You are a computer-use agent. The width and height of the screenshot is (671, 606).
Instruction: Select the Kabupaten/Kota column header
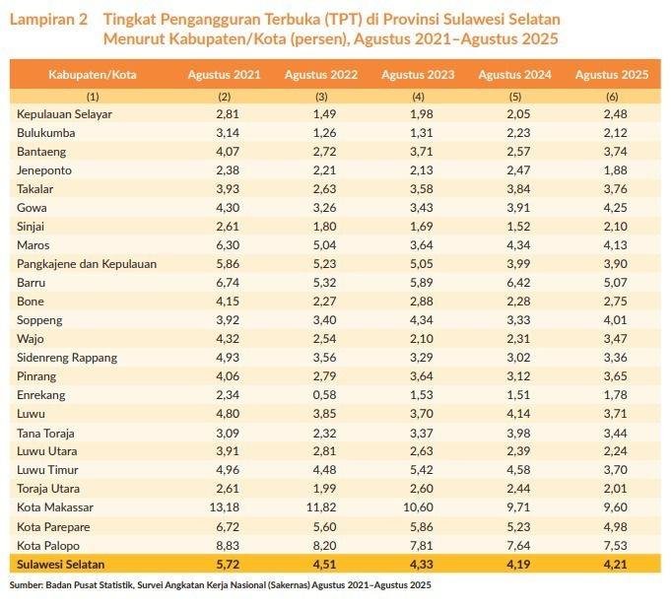[93, 75]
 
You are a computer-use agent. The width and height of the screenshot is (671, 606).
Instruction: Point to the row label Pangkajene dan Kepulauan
[87, 263]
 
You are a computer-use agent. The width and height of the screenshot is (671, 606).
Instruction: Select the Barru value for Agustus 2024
[512, 282]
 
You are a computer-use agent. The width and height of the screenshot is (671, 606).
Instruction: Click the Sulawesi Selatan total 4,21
[609, 565]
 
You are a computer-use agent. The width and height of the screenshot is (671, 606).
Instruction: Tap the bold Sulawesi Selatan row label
[60, 565]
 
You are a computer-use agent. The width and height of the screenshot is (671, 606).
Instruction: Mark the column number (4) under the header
[418, 97]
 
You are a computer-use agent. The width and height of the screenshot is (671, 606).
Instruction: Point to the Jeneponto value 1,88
[609, 170]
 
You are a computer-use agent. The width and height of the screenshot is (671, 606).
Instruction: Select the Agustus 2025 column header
[609, 75]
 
